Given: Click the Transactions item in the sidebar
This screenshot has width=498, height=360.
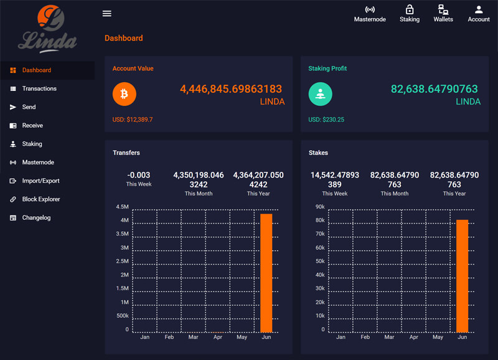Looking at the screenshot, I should pos(39,88).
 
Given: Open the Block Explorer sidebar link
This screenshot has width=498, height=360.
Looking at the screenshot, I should pos(40,199).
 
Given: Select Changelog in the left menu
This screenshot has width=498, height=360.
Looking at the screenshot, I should pos(36,218).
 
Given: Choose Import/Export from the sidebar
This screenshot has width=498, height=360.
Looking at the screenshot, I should pos(40,181).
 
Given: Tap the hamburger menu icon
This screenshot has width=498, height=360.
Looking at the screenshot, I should pos(107,14).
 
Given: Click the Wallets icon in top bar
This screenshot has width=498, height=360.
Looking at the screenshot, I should pos(443,14).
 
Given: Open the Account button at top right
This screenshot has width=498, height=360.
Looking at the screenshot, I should pos(479,14).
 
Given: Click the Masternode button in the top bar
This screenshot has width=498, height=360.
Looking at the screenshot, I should pos(370,14).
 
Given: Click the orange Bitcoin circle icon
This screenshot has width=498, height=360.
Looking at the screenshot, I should pos(125,94).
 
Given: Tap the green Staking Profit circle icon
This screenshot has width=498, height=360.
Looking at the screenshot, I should pos(321,94).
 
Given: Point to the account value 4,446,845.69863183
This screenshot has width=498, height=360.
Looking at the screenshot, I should pos(231,89).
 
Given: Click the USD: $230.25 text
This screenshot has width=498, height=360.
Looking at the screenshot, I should pos(326,120).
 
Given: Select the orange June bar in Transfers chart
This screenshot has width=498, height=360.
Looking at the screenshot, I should pos(266,273).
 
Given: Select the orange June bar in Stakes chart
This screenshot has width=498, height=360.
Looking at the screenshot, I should pos(462,276).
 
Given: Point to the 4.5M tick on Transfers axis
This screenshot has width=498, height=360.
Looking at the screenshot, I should pos(122,207).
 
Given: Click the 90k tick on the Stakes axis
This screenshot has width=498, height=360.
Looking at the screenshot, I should pos(319,207).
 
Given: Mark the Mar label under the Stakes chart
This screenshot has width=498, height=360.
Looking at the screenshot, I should pos(389,337).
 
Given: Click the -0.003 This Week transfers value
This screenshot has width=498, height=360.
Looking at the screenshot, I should pos(138,176).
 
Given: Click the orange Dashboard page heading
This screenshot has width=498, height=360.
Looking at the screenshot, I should pos(123,38).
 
